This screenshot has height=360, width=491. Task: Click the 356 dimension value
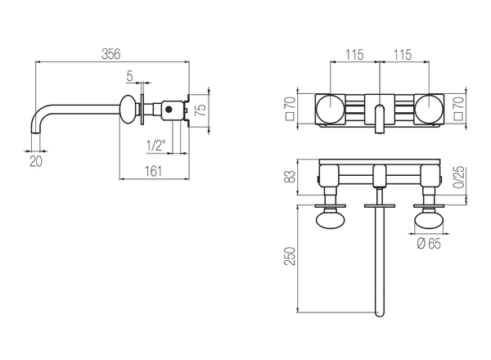point(110,54)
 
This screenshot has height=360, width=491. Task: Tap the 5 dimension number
point(129,76)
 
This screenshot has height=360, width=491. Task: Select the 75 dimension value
point(200,110)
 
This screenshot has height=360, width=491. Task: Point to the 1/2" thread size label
point(155,146)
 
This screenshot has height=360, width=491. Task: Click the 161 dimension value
point(153,171)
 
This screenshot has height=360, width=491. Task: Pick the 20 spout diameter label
point(36,161)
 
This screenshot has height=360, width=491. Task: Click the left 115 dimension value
point(354,55)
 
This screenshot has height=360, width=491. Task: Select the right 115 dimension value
point(402,55)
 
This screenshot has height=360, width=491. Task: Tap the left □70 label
point(291,108)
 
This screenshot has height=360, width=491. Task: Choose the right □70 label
point(458,108)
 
